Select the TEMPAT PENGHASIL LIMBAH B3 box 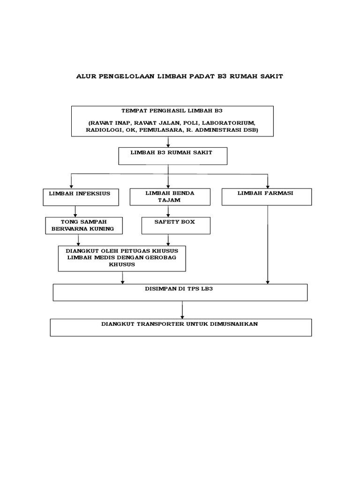[x=172, y=121]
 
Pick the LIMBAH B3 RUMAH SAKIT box [x=172, y=156]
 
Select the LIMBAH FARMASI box [x=266, y=196]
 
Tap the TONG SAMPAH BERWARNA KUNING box [x=83, y=225]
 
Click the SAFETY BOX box [x=175, y=225]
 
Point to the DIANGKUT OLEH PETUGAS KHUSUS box [x=122, y=258]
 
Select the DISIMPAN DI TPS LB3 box [x=180, y=292]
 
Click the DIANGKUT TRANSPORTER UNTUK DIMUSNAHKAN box [x=180, y=327]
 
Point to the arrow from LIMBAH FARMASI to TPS [x=267, y=244]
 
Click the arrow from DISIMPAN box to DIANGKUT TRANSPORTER [x=182, y=309]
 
